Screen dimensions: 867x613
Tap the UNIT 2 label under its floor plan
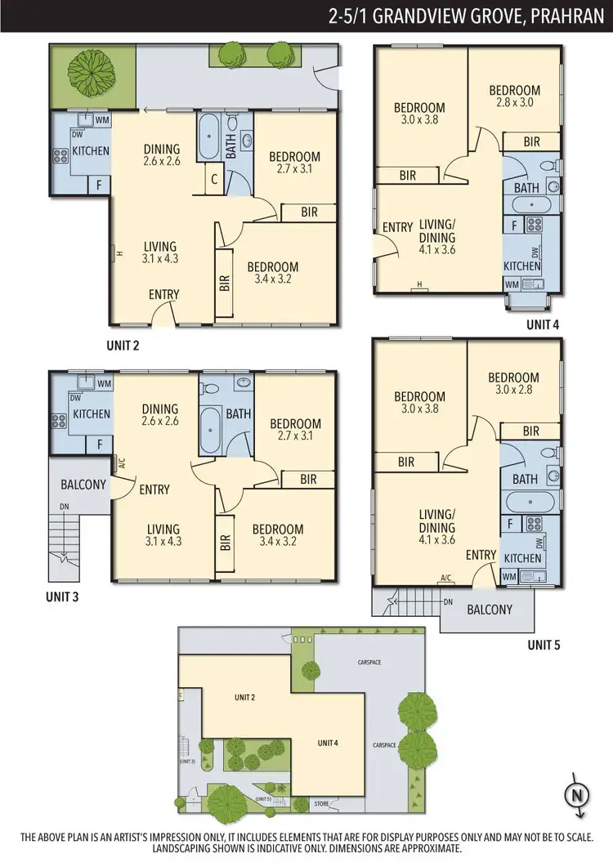click(123, 346)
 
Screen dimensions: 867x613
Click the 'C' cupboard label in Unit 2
click(213, 180)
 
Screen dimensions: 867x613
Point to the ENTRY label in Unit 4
click(397, 227)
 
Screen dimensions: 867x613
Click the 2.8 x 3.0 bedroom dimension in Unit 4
click(515, 103)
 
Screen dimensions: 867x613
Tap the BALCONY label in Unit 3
click(83, 485)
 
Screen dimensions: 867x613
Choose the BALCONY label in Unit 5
click(490, 610)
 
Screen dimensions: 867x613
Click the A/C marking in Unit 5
click(446, 579)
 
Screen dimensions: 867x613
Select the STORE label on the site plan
click(322, 805)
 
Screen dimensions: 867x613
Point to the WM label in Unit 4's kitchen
click(512, 284)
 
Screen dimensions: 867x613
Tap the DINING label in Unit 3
click(159, 409)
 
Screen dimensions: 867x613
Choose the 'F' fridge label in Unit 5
click(509, 523)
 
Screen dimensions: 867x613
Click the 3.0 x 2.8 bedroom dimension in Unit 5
click(513, 391)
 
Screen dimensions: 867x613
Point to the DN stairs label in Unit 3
click(65, 507)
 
